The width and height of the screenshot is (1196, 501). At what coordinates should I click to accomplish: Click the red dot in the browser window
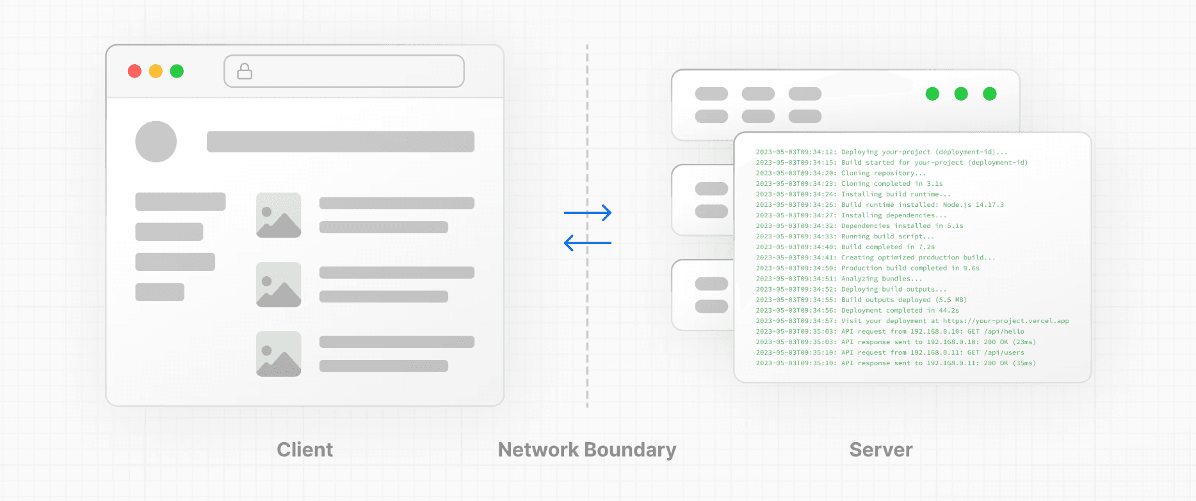click(x=134, y=71)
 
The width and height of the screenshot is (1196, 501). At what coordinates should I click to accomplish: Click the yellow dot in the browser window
click(x=156, y=71)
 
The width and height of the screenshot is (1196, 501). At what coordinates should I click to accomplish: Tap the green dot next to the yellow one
click(x=177, y=71)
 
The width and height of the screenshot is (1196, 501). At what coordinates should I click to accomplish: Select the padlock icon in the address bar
click(x=245, y=71)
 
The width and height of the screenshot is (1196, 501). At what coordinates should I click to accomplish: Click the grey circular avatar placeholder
click(x=156, y=142)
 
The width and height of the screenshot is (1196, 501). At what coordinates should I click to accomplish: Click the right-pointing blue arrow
click(x=588, y=213)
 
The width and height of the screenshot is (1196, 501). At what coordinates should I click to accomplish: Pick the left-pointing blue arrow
click(x=588, y=243)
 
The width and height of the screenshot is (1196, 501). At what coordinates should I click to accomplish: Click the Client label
click(x=305, y=450)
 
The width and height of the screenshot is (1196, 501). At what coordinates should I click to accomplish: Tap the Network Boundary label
click(x=586, y=450)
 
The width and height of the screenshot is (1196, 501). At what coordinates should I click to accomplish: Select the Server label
click(x=881, y=450)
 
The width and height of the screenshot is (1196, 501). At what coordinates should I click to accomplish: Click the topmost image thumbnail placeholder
click(x=279, y=215)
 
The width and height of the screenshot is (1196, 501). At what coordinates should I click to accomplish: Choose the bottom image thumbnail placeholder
click(x=279, y=354)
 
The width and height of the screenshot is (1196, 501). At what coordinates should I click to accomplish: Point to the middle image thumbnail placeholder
click(x=279, y=284)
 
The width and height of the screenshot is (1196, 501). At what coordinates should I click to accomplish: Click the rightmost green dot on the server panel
click(x=989, y=94)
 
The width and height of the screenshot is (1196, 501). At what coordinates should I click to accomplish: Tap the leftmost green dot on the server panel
click(x=932, y=94)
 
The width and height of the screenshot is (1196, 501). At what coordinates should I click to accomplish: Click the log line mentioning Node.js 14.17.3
click(x=880, y=205)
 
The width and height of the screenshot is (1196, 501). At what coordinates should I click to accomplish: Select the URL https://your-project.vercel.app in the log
click(x=1005, y=321)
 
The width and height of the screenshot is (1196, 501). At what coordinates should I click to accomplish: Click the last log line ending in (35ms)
click(x=895, y=363)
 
